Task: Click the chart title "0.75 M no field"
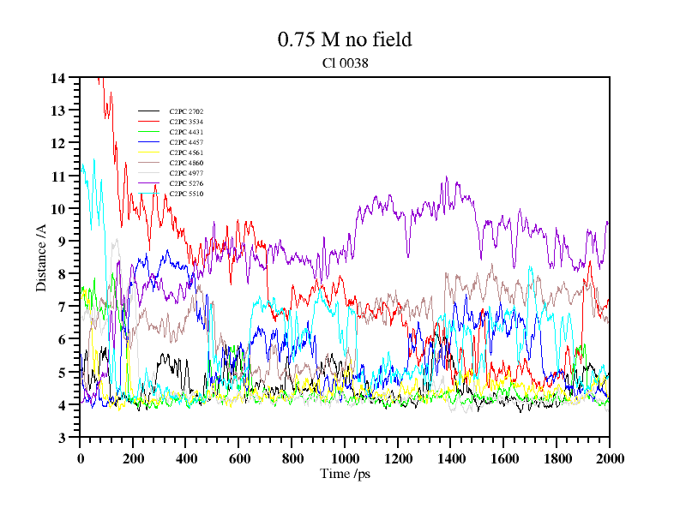(345, 39)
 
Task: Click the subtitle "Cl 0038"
(345, 63)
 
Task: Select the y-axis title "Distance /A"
(41, 258)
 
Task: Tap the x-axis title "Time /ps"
(345, 473)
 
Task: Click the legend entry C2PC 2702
(186, 111)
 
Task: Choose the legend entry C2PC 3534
(186, 122)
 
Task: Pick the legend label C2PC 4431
(186, 132)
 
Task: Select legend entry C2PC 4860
(186, 163)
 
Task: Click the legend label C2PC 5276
(186, 183)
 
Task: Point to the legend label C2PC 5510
(186, 194)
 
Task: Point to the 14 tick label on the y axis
(58, 78)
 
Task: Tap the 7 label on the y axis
(62, 307)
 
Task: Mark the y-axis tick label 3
(62, 438)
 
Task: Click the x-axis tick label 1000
(345, 457)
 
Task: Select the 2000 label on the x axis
(609, 457)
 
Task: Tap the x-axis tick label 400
(186, 457)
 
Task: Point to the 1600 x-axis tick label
(503, 457)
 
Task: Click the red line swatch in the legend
(149, 122)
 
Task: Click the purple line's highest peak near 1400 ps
(447, 177)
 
